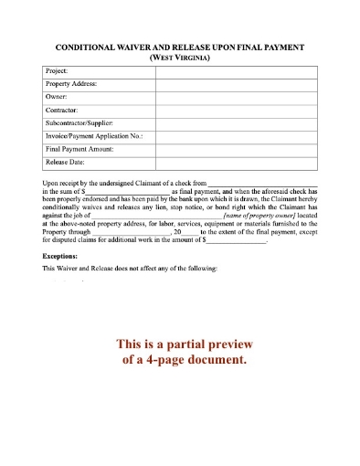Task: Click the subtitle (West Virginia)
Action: point(180,57)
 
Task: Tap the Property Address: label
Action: point(71,83)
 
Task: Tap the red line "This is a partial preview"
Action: point(179,344)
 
